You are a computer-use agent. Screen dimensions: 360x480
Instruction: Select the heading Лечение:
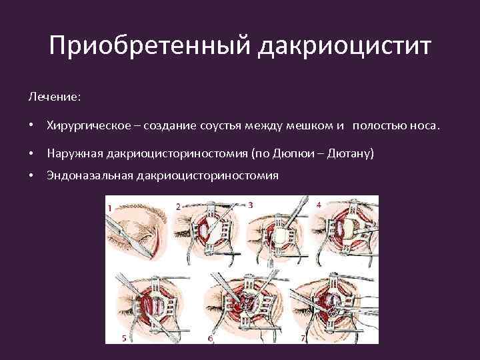[54, 97]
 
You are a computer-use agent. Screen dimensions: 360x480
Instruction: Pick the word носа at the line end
[424, 126]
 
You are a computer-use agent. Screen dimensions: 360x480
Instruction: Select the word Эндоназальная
[88, 175]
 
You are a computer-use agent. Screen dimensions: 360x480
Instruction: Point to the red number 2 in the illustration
[178, 207]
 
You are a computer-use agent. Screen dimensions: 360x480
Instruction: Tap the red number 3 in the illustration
[250, 205]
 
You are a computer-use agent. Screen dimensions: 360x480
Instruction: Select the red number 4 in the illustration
[319, 205]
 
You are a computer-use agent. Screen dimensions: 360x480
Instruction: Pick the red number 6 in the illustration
[211, 339]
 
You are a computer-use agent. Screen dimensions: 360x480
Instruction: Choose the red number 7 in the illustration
[303, 338]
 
